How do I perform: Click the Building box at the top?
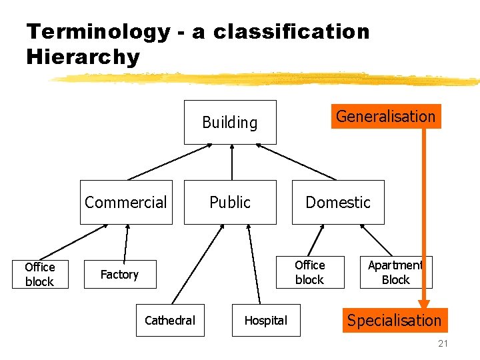(230, 122)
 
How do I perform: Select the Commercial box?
(126, 202)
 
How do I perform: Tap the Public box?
(230, 202)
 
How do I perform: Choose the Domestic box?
(338, 202)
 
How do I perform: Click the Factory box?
(119, 274)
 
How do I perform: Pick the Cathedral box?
(170, 321)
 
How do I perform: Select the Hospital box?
(265, 321)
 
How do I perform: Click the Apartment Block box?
(396, 272)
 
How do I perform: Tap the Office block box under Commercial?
(40, 274)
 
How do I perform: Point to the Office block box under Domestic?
(310, 272)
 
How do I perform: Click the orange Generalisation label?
(385, 116)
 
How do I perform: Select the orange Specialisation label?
(394, 321)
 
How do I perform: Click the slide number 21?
(443, 344)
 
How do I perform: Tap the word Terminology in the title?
(97, 31)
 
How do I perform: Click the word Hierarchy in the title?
(83, 57)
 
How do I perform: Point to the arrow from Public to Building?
(231, 162)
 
